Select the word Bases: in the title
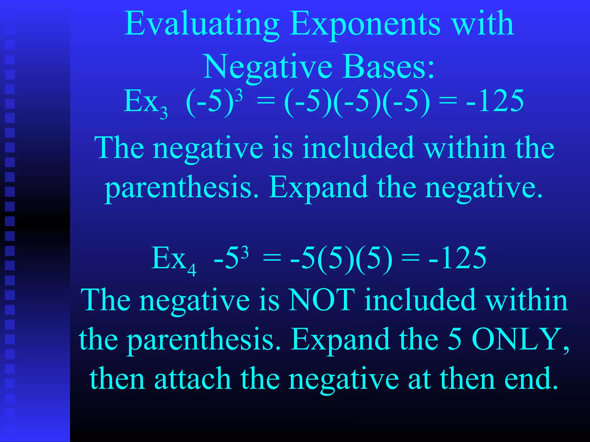(x=388, y=67)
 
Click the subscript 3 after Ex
(x=164, y=113)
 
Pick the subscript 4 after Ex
(x=192, y=270)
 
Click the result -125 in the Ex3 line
(x=495, y=101)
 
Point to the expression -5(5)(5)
(x=341, y=258)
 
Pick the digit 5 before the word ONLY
(x=454, y=340)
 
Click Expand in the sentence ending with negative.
(x=318, y=187)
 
